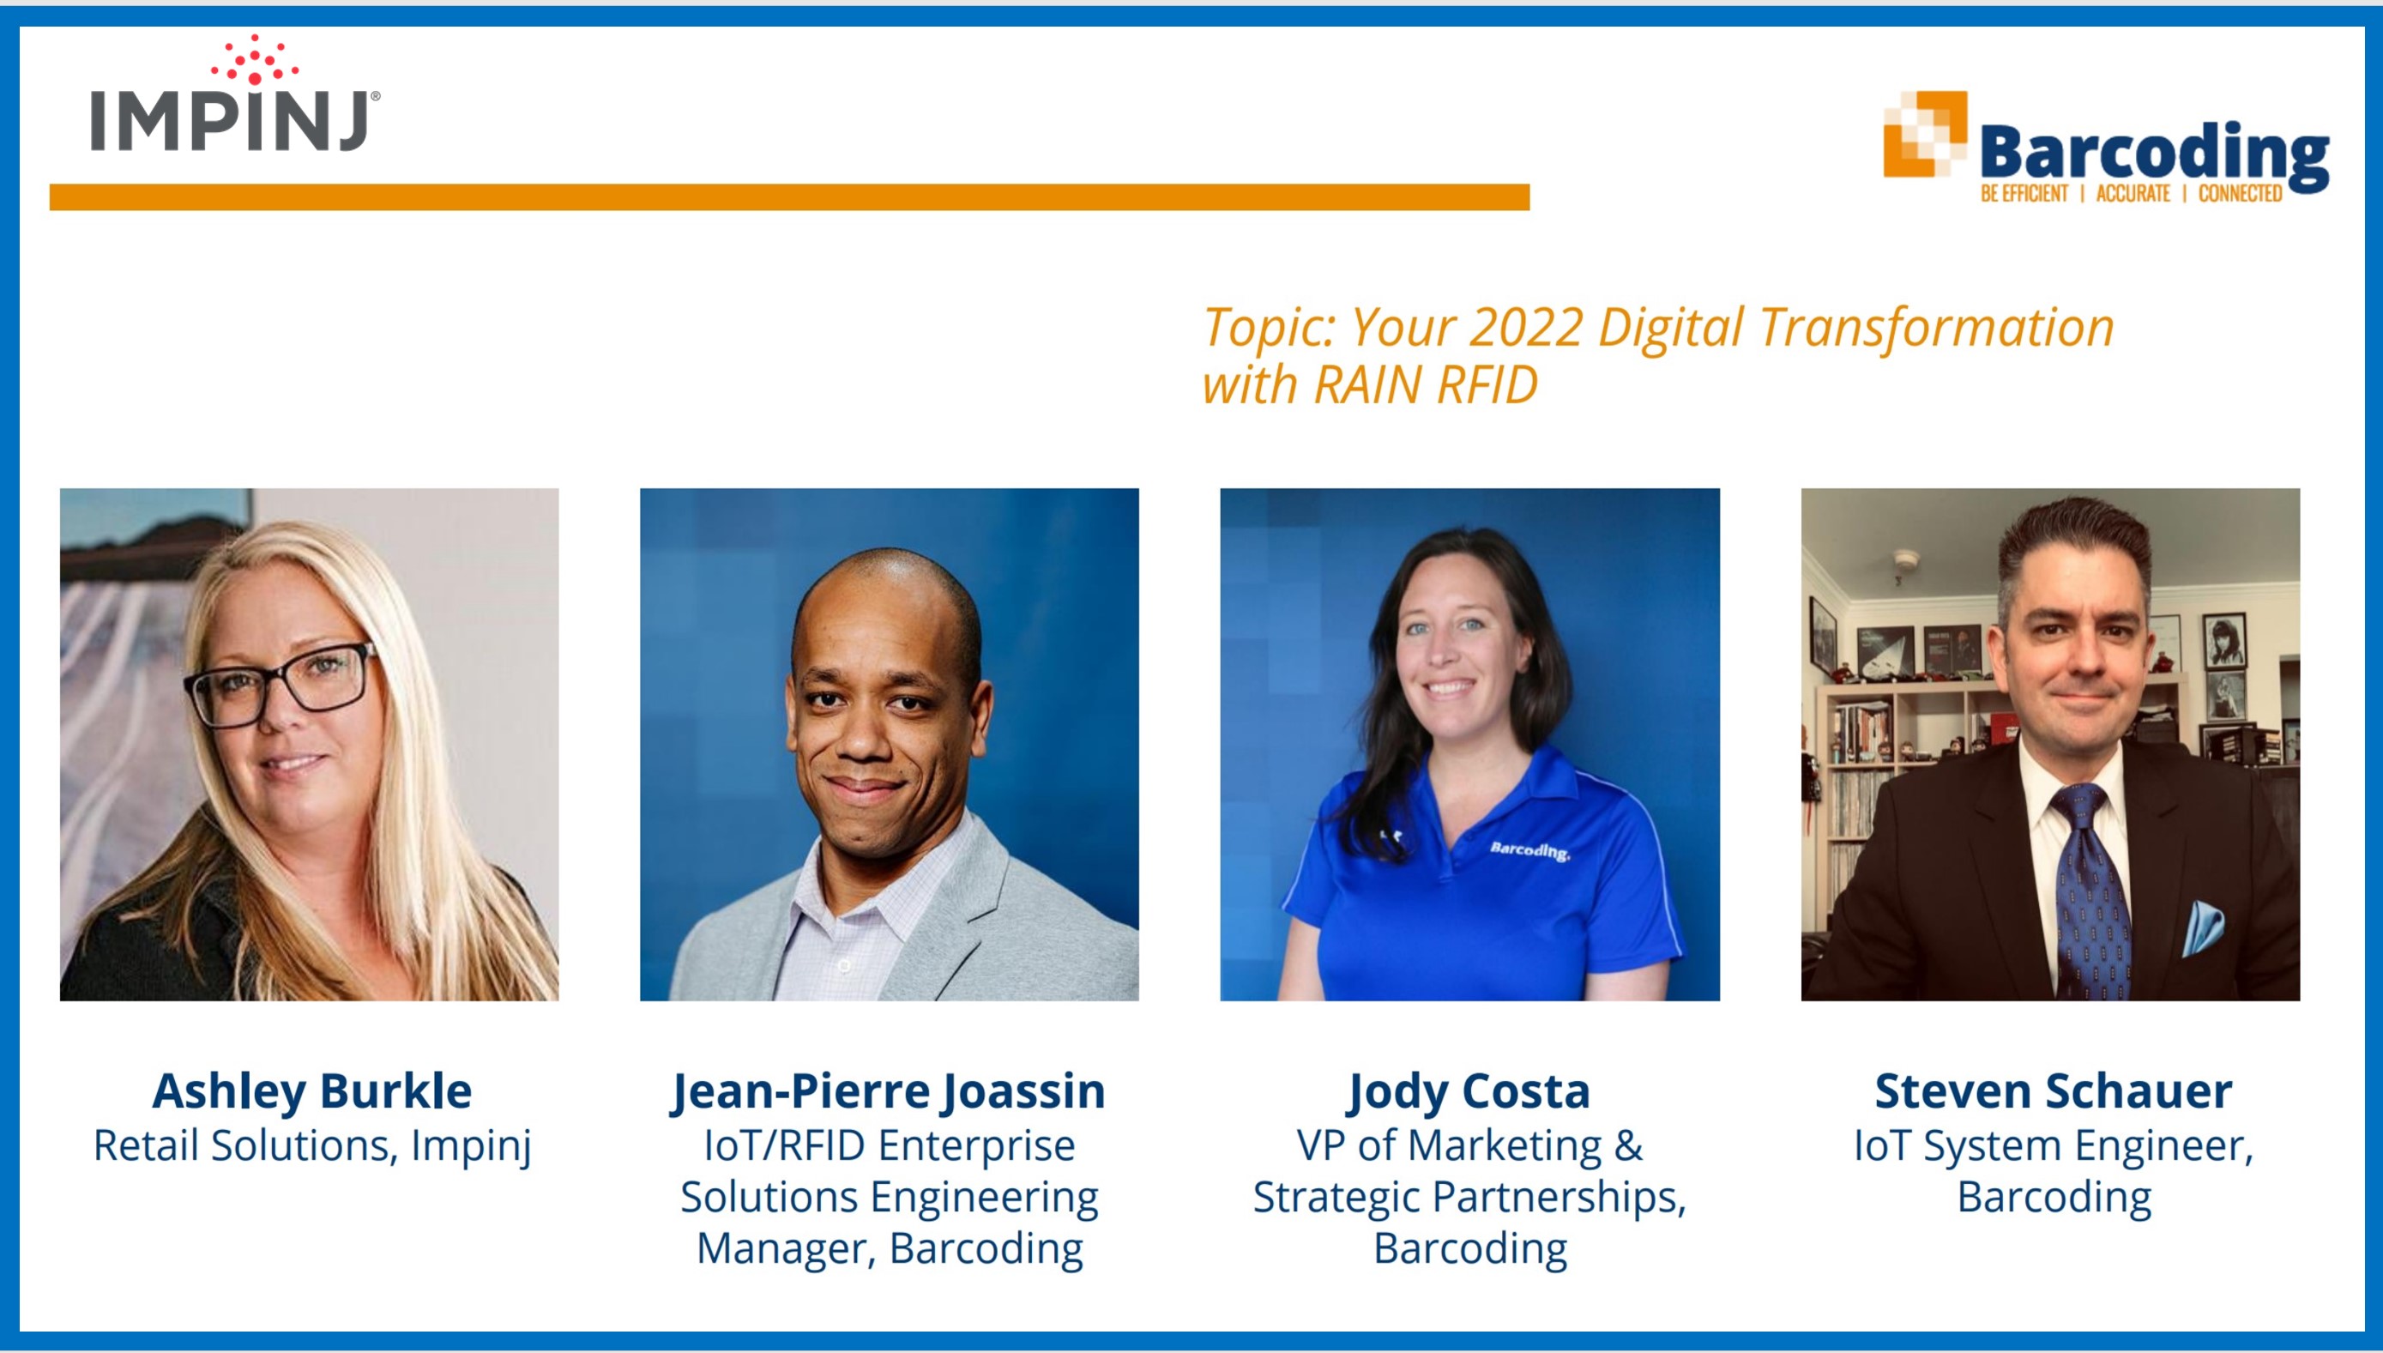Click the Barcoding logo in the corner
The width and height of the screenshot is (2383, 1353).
pyautogui.click(x=2105, y=147)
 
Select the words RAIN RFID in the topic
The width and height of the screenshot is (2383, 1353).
pyautogui.click(x=1425, y=384)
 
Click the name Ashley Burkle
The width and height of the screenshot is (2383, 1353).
pyautogui.click(x=312, y=1091)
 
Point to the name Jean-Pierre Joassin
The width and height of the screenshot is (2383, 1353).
pyautogui.click(x=889, y=1091)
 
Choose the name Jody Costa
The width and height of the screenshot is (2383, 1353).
pyautogui.click(x=1469, y=1091)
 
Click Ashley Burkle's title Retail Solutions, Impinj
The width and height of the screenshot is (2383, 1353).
pyautogui.click(x=312, y=1145)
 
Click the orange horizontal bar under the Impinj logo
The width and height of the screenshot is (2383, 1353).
pyautogui.click(x=790, y=197)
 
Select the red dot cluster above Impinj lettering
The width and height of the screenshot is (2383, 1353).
pyautogui.click(x=254, y=59)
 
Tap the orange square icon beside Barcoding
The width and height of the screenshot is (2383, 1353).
pyautogui.click(x=1924, y=134)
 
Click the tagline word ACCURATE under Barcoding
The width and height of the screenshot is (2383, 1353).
pyautogui.click(x=2133, y=193)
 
